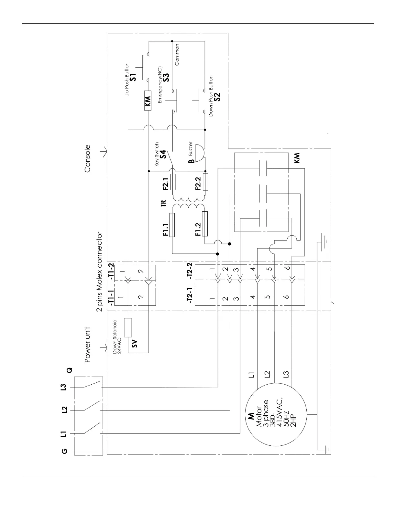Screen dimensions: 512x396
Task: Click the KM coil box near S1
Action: point(148,101)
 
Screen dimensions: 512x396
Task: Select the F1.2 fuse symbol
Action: point(204,223)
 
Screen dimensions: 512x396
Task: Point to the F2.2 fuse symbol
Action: point(204,182)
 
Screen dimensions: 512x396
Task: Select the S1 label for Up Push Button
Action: point(133,77)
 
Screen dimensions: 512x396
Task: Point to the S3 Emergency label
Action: point(166,78)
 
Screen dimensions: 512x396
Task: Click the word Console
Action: point(87,158)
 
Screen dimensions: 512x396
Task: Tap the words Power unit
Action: point(87,344)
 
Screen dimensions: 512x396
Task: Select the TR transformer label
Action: point(163,203)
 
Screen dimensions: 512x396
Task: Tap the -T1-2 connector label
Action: point(111,271)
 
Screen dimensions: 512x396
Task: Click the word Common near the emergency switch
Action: point(177,55)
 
